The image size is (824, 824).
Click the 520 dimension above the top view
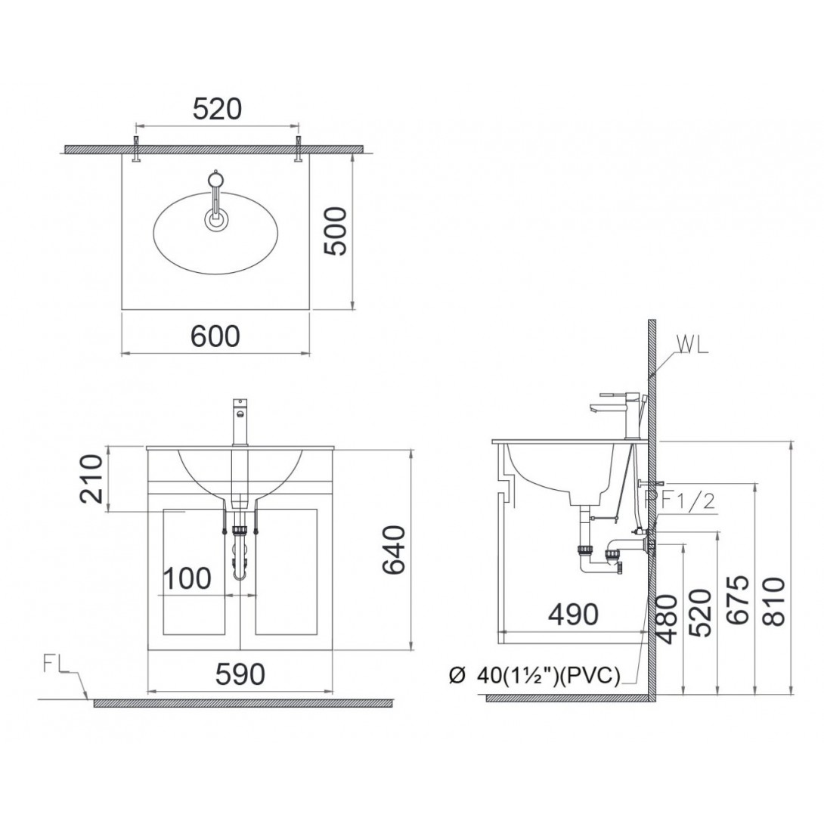(217, 110)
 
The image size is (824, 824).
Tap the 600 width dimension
(215, 336)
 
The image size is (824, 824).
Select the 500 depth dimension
(336, 231)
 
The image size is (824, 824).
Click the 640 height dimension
(394, 550)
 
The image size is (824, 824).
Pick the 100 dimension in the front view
(187, 578)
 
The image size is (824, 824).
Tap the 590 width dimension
(240, 674)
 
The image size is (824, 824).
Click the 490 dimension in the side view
(573, 614)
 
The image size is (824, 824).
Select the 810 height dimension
(773, 601)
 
